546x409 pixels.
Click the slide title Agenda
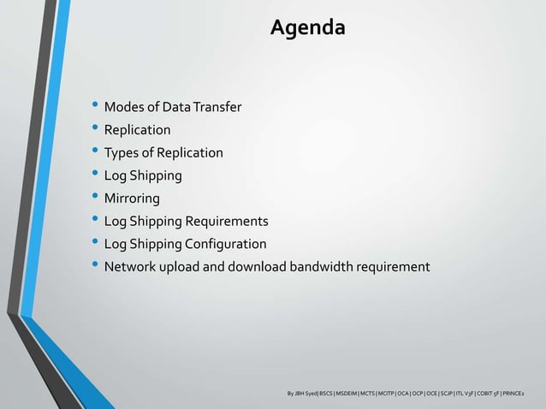point(308,28)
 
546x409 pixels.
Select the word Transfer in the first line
point(217,108)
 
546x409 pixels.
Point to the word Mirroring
point(132,199)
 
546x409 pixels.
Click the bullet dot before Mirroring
point(95,199)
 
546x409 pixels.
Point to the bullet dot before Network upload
point(95,266)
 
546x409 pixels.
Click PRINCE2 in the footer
point(514,394)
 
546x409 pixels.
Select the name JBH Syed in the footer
point(305,394)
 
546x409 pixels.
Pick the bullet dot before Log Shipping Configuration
point(95,244)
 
